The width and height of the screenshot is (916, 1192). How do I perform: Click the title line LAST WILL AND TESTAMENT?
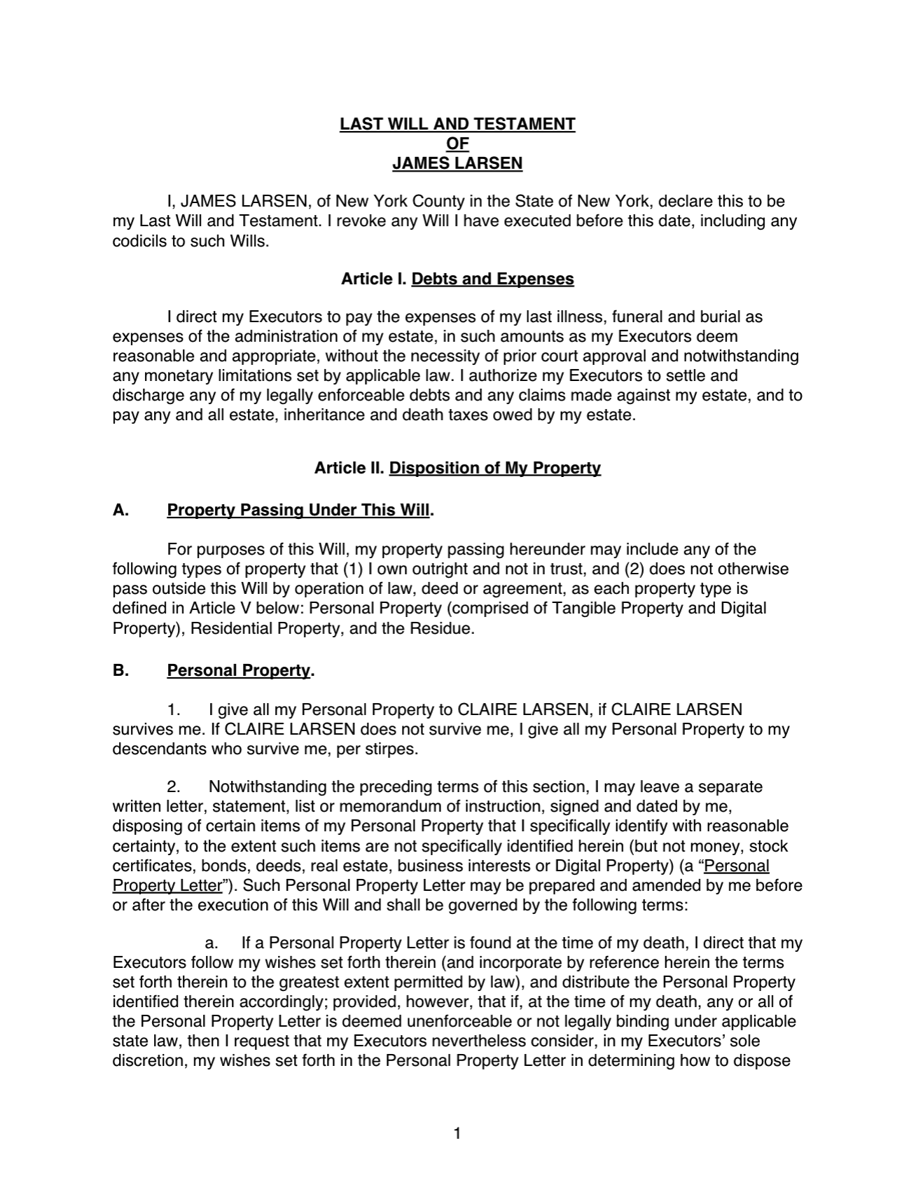(457, 124)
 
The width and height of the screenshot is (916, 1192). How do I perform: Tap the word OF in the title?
(457, 144)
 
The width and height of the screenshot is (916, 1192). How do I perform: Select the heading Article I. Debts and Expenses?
(457, 279)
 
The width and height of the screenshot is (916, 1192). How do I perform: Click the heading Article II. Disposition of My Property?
(457, 468)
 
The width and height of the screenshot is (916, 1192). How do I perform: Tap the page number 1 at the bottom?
(457, 1133)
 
